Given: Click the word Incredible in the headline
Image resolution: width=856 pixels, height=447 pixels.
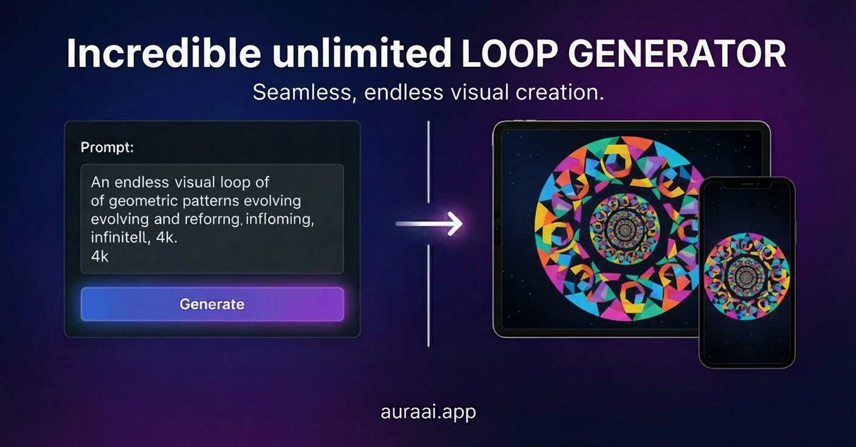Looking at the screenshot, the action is [x=164, y=53].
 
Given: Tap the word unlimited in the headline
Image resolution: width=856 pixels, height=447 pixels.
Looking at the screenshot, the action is [x=362, y=53].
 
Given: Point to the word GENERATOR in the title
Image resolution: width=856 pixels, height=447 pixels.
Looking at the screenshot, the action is [x=678, y=53].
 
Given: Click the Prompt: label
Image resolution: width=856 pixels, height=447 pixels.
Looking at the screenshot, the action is [x=108, y=148].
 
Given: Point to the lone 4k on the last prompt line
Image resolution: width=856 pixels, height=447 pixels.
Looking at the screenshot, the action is [x=100, y=256].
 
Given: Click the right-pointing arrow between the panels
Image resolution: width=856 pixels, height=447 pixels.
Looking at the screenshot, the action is [x=429, y=223].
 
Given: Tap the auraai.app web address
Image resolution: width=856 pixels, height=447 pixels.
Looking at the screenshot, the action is [x=429, y=412].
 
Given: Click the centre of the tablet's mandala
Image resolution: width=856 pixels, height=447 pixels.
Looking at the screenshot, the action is [x=625, y=229].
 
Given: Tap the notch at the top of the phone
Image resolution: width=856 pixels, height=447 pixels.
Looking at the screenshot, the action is [x=747, y=185].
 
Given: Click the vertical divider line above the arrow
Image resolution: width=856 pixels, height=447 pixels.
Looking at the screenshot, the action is [x=429, y=162].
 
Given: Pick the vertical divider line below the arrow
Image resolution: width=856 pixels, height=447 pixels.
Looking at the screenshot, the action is [x=429, y=296].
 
